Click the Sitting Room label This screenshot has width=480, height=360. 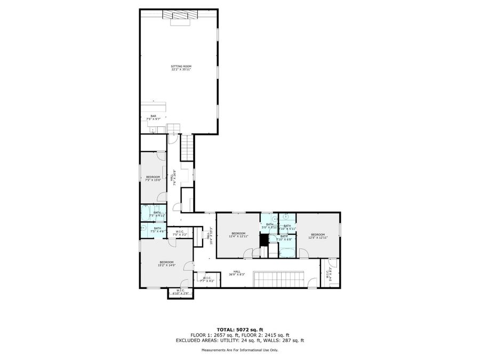click(181, 68)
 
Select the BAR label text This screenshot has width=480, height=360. click(153, 117)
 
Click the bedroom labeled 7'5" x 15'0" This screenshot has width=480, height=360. click(153, 178)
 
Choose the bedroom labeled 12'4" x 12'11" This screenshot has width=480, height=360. click(238, 235)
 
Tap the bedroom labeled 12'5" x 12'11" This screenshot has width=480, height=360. click(318, 236)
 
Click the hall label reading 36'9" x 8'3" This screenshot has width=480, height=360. click(237, 273)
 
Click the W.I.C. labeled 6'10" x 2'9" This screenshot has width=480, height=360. click(178, 292)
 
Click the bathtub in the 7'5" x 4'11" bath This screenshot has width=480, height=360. click(147, 214)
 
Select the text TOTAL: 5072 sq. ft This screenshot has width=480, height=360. click(239, 330)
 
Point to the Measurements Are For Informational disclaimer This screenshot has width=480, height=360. click(239, 350)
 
